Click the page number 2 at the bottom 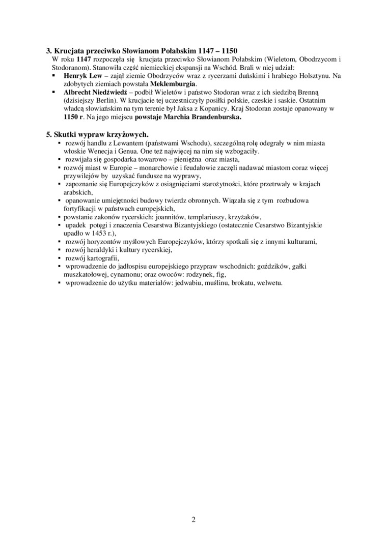[x=193, y=520]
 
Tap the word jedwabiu [x=188, y=282]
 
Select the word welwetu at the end [x=270, y=282]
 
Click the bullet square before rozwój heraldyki [x=61, y=250]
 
